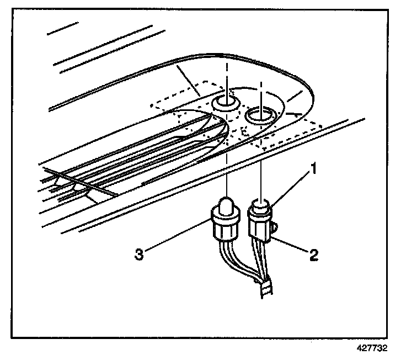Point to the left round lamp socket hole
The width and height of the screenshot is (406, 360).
tap(226, 102)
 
